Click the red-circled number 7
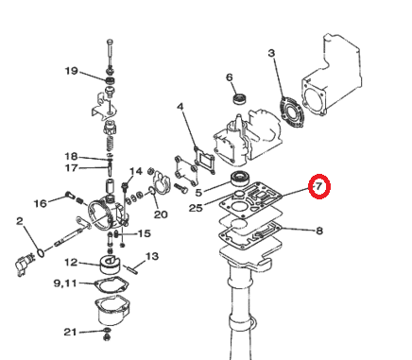click(x=319, y=187)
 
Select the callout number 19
click(x=71, y=71)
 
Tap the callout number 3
click(x=272, y=55)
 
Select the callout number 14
click(x=135, y=171)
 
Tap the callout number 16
click(x=40, y=203)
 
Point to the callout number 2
click(x=19, y=221)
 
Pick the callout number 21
click(x=70, y=332)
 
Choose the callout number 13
click(x=151, y=256)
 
